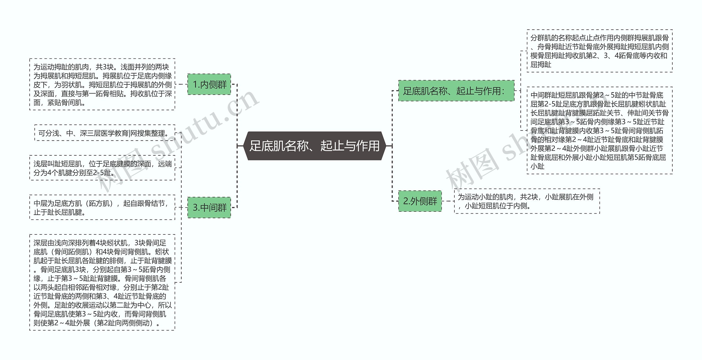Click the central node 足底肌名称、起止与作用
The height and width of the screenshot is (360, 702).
[x=315, y=146]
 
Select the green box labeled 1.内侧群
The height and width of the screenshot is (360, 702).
[x=209, y=84]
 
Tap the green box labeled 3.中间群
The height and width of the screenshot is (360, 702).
[x=209, y=208]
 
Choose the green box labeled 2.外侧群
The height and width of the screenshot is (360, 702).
[x=420, y=201]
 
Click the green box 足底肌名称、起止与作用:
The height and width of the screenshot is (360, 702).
[x=456, y=91]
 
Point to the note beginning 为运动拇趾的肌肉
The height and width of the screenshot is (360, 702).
[x=102, y=84]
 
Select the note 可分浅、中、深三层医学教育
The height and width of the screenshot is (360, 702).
[x=104, y=133]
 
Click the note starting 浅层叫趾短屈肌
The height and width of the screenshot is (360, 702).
[x=102, y=168]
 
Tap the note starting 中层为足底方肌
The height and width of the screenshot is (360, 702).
[x=102, y=208]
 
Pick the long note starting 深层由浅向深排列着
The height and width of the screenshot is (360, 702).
[x=102, y=282]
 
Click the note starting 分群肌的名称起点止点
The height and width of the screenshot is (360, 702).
[x=599, y=51]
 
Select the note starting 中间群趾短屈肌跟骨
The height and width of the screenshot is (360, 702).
[x=599, y=131]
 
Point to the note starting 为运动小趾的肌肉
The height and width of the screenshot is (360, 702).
[x=527, y=201]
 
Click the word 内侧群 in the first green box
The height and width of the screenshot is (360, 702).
[x=214, y=84]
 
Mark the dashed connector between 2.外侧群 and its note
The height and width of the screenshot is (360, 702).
[x=448, y=201]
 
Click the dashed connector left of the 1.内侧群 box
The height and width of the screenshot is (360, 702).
[x=181, y=84]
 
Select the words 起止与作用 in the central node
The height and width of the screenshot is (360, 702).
[x=350, y=146]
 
